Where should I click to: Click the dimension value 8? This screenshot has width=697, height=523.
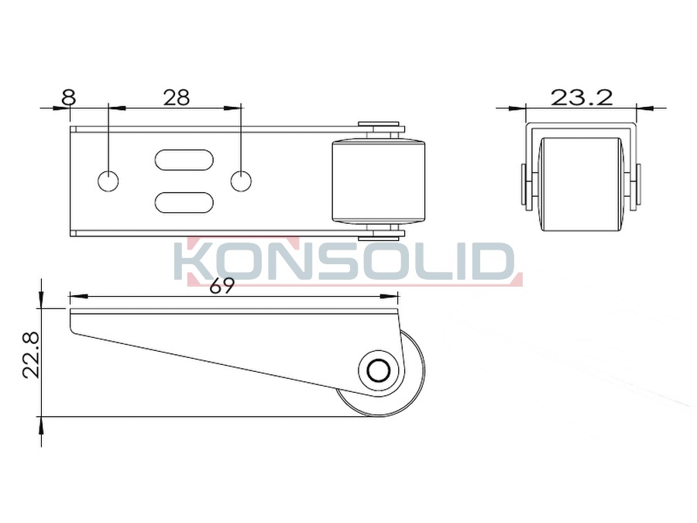click(x=69, y=98)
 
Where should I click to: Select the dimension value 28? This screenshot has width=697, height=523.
click(x=176, y=98)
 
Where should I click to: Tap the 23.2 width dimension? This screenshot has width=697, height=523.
click(x=582, y=98)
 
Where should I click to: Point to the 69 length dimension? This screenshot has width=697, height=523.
click(x=221, y=287)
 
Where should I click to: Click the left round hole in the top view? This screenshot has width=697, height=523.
click(x=108, y=181)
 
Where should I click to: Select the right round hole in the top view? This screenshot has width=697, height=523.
click(x=241, y=181)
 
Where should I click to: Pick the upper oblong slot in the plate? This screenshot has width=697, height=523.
click(x=184, y=160)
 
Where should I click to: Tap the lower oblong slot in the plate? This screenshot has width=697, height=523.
click(x=184, y=202)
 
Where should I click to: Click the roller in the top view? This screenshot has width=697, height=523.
click(x=379, y=181)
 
